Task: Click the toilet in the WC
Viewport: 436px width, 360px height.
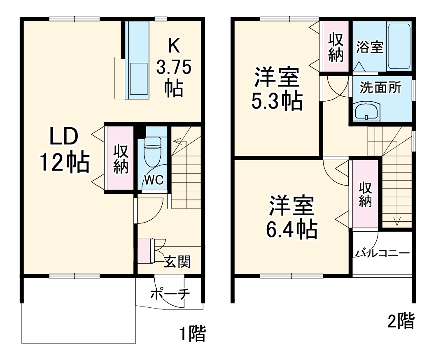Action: [152, 149]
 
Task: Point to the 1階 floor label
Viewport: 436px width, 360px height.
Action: [192, 334]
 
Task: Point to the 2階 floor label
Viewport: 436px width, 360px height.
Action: [400, 321]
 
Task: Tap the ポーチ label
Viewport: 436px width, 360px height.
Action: [170, 294]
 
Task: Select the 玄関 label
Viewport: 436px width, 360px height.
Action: [177, 261]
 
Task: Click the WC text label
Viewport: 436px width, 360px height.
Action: [154, 179]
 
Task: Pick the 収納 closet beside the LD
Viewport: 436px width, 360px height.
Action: [121, 159]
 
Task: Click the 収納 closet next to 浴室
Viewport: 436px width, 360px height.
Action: [336, 46]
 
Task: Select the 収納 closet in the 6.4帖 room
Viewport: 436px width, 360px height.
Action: [364, 195]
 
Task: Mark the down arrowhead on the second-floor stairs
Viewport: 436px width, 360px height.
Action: [397, 222]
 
